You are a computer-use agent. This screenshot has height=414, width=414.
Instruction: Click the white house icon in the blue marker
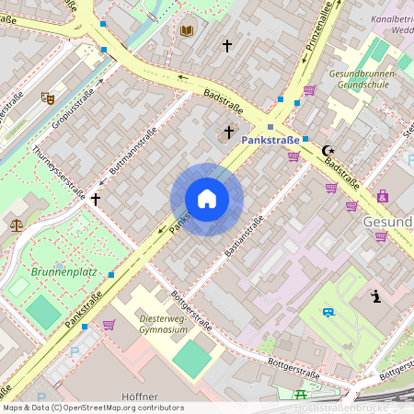tap(207, 199)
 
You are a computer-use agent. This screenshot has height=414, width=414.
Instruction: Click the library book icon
tap(187, 30)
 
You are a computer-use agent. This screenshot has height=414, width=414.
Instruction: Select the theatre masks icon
tap(48, 98)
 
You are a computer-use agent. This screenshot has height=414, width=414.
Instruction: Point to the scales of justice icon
tap(16, 224)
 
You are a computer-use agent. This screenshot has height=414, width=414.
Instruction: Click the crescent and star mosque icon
tap(329, 151)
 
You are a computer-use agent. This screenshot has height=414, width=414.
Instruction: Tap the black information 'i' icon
tap(375, 295)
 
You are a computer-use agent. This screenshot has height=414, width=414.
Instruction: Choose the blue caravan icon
tap(328, 313)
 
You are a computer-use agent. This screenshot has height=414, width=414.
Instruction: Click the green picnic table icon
tap(300, 395)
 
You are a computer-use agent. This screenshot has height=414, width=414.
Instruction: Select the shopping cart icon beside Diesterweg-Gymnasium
tap(109, 324)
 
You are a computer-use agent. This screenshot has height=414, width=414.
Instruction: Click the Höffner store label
tap(139, 397)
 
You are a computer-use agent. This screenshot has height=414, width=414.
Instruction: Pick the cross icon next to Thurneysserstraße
tap(95, 198)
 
